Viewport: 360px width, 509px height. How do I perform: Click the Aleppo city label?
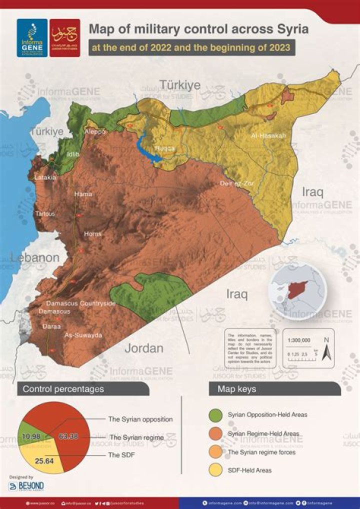[95, 131]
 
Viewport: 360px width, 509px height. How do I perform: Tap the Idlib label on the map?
[73, 154]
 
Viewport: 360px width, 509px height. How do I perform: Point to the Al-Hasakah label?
[268, 135]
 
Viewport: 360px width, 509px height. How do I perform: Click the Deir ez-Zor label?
[237, 183]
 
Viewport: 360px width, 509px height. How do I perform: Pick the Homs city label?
[92, 234]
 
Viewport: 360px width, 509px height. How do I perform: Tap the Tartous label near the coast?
[45, 214]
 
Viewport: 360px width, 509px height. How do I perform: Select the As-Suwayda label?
[83, 335]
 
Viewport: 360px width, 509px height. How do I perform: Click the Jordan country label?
[144, 348]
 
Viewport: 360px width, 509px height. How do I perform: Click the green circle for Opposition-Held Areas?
[216, 414]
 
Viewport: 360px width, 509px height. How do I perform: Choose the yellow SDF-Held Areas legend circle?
[216, 470]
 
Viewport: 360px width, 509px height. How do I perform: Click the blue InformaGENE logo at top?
[32, 37]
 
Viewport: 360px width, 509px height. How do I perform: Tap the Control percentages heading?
[63, 388]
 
